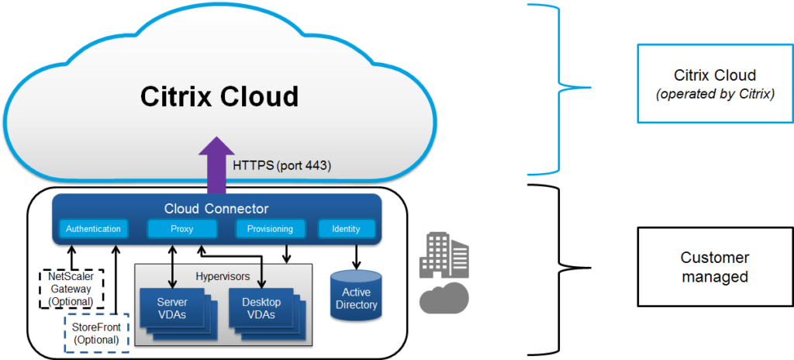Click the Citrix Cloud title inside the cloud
tap(219, 96)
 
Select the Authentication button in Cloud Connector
tap(93, 229)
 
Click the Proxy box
tap(181, 229)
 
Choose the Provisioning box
tap(270, 229)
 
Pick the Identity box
tap(347, 229)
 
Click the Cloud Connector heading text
tap(216, 209)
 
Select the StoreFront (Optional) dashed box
tap(95, 333)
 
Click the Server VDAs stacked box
tap(172, 307)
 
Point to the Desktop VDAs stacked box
tap(262, 307)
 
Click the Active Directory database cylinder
tap(357, 298)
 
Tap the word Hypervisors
tap(223, 275)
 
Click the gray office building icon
tap(444, 257)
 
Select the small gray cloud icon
tap(444, 297)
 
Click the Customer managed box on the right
tap(714, 267)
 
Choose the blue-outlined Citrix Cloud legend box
tap(714, 82)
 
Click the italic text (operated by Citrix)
tap(714, 92)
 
